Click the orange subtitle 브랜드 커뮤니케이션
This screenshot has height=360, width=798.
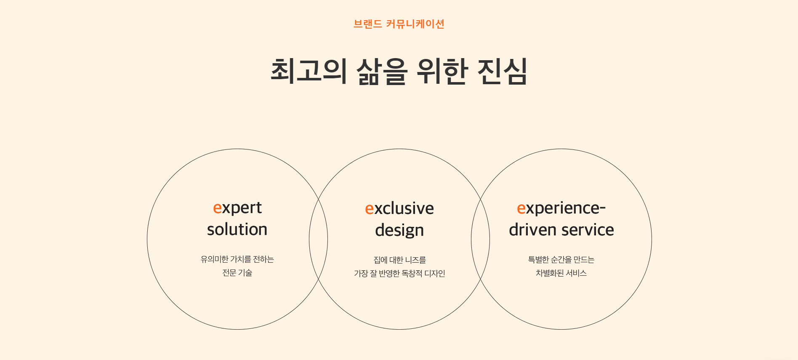pyautogui.click(x=399, y=24)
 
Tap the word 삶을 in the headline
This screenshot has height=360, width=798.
pyautogui.click(x=382, y=71)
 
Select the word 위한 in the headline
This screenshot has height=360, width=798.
pyautogui.click(x=442, y=71)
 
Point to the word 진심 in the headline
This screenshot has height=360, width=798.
pyautogui.click(x=502, y=71)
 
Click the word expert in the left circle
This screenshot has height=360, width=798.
pyautogui.click(x=237, y=208)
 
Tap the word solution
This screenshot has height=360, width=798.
pyautogui.click(x=237, y=229)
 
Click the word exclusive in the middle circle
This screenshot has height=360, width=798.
pyautogui.click(x=399, y=208)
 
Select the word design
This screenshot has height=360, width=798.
pyautogui.click(x=399, y=231)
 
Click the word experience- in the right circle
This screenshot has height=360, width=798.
pyautogui.click(x=561, y=208)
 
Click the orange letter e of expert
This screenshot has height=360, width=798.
pyautogui.click(x=217, y=208)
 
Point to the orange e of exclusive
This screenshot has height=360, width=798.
pyautogui.click(x=369, y=209)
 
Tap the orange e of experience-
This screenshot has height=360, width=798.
pyautogui.click(x=521, y=208)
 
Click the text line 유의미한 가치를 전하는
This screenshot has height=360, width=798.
pyautogui.click(x=237, y=259)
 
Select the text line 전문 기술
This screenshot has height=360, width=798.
pyautogui.click(x=237, y=273)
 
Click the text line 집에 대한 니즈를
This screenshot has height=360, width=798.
pyautogui.click(x=399, y=260)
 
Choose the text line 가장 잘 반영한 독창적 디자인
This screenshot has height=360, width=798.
pyautogui.click(x=399, y=274)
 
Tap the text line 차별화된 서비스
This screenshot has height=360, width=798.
pyautogui.click(x=561, y=273)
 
